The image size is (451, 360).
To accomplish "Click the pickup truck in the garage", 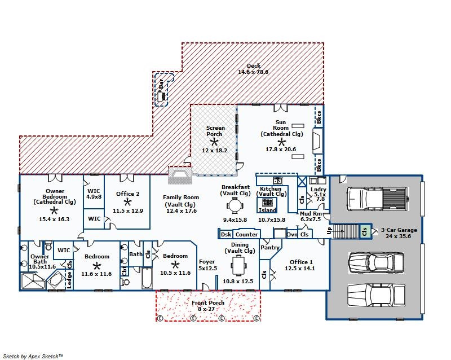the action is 378,199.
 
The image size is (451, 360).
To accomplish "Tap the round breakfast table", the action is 235,205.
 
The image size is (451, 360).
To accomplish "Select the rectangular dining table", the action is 239,265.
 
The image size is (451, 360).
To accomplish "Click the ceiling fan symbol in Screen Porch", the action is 214,142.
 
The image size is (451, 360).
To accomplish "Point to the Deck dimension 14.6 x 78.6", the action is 253,72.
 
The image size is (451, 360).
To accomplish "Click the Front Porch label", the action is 207,302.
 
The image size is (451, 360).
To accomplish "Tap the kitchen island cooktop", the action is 268,202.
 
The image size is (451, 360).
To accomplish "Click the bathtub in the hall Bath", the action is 147,278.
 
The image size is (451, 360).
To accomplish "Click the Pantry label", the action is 270,247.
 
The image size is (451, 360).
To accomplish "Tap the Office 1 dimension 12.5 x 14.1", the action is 300,269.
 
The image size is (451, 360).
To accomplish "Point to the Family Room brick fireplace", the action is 180,175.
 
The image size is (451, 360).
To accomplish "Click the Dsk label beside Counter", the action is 226,234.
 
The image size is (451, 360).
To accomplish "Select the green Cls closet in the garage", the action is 365,231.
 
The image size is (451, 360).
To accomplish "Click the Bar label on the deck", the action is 161,84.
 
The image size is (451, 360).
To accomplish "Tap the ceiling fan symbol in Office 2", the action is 127,201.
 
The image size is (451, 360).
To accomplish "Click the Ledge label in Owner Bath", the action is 69,280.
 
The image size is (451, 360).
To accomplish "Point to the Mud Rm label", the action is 311,214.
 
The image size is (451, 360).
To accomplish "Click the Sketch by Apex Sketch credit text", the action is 33,356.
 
